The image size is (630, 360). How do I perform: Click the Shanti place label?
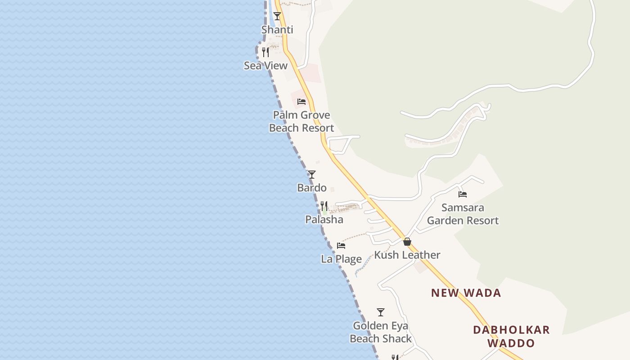[277, 30]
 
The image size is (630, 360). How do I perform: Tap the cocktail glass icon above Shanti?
[277, 16]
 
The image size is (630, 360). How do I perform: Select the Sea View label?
[265, 66]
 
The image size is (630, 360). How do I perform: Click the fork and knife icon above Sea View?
[265, 52]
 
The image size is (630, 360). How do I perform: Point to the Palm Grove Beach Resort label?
[301, 121]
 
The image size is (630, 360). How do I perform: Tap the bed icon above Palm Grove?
[301, 102]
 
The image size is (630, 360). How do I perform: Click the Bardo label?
[312, 188]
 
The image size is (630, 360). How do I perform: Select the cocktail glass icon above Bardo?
[312, 175]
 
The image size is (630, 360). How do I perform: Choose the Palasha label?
[324, 220]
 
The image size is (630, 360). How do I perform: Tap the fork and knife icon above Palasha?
[324, 206]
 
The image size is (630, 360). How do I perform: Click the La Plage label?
[341, 259]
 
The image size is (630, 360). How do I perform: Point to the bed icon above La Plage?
[341, 246]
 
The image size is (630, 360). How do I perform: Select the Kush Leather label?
[407, 255]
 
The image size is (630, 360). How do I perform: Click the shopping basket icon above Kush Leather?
[407, 242]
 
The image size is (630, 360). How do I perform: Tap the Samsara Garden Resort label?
[463, 214]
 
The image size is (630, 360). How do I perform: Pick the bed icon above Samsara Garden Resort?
[463, 194]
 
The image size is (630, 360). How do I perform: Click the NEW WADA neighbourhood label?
[466, 293]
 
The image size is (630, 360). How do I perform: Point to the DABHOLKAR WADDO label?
[511, 337]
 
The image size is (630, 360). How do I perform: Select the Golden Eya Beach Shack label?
[381, 332]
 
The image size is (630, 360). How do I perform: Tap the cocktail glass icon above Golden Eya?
[381, 312]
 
